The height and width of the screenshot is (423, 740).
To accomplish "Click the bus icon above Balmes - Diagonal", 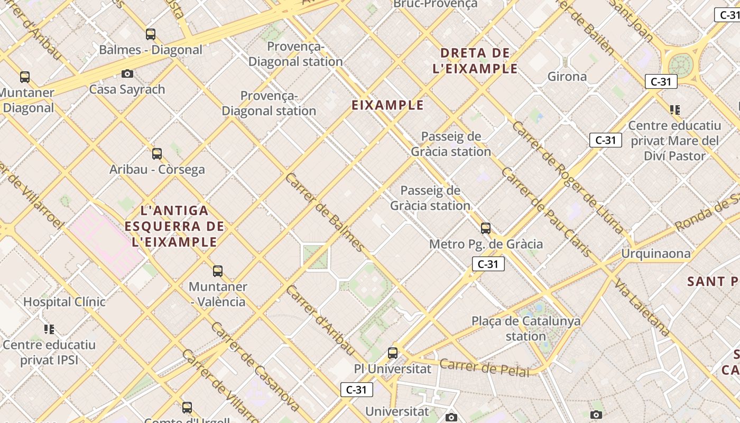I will pyautogui.click(x=151, y=35).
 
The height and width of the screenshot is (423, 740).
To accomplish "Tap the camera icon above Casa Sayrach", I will pyautogui.click(x=127, y=73).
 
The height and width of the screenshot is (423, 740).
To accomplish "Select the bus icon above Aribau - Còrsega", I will pyautogui.click(x=157, y=154).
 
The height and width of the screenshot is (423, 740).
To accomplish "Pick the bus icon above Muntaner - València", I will pyautogui.click(x=218, y=271).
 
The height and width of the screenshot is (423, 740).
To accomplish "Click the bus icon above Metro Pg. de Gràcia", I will pyautogui.click(x=486, y=228).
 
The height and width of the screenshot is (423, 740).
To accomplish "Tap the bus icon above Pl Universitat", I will pyautogui.click(x=393, y=353).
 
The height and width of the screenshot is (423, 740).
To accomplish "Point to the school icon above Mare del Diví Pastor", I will pyautogui.click(x=674, y=110).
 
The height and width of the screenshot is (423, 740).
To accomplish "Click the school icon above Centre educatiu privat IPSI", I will pyautogui.click(x=49, y=329).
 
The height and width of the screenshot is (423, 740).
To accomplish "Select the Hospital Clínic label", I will pyautogui.click(x=64, y=302).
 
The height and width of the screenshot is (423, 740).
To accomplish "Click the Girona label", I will pyautogui.click(x=567, y=77).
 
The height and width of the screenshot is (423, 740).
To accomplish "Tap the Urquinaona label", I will pyautogui.click(x=655, y=254).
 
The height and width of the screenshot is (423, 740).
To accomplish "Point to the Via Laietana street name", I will pyautogui.click(x=642, y=307).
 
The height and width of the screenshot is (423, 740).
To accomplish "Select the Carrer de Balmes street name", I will pyautogui.click(x=325, y=212).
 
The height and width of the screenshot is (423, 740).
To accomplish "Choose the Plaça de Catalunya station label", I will pyautogui.click(x=525, y=328).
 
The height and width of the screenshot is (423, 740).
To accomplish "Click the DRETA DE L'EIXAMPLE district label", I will pyautogui.click(x=475, y=61).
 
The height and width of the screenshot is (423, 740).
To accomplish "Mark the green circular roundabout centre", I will pyautogui.click(x=680, y=65).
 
